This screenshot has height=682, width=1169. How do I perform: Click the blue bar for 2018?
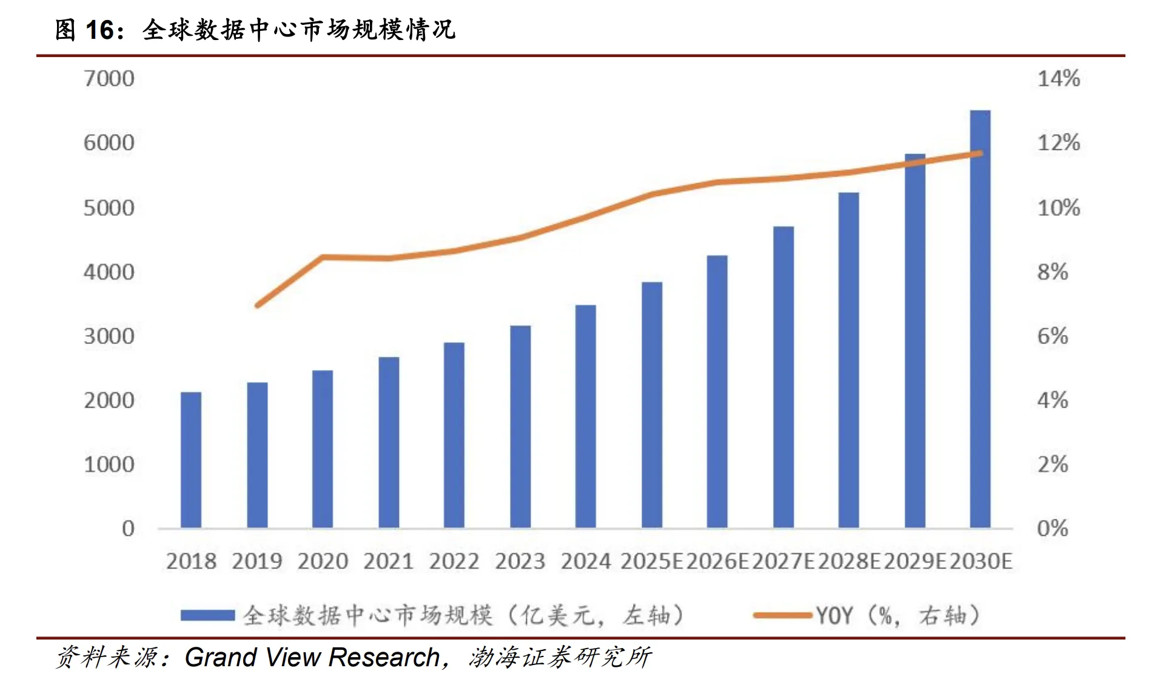(x=191, y=460)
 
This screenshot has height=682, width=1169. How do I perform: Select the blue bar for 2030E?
(x=980, y=319)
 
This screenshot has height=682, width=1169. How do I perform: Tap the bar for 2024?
(x=585, y=416)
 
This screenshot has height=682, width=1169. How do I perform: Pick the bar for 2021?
(x=389, y=442)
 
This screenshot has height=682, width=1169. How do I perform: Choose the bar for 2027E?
(x=783, y=377)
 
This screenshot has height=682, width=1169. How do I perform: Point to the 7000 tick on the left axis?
(x=109, y=79)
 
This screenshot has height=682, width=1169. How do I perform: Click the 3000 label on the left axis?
(x=109, y=336)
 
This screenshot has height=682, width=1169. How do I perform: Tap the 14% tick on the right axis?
(x=1058, y=79)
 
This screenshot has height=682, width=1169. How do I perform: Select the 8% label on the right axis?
(x=1052, y=272)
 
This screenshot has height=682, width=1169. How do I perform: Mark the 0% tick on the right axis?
(x=1052, y=528)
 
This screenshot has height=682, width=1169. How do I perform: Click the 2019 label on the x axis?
(x=257, y=561)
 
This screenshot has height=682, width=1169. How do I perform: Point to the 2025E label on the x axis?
(x=652, y=561)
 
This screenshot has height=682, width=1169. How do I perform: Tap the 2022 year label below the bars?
(x=454, y=561)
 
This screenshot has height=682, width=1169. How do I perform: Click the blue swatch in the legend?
(x=207, y=615)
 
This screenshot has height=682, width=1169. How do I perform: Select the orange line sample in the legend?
(x=782, y=615)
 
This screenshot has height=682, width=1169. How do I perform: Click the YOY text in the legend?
(x=834, y=616)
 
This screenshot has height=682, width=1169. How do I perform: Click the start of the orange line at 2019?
(x=258, y=305)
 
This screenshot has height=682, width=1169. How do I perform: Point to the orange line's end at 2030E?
(x=980, y=153)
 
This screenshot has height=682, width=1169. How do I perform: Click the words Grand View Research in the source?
(x=312, y=657)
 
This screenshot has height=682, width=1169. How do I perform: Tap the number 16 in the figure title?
(x=99, y=30)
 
